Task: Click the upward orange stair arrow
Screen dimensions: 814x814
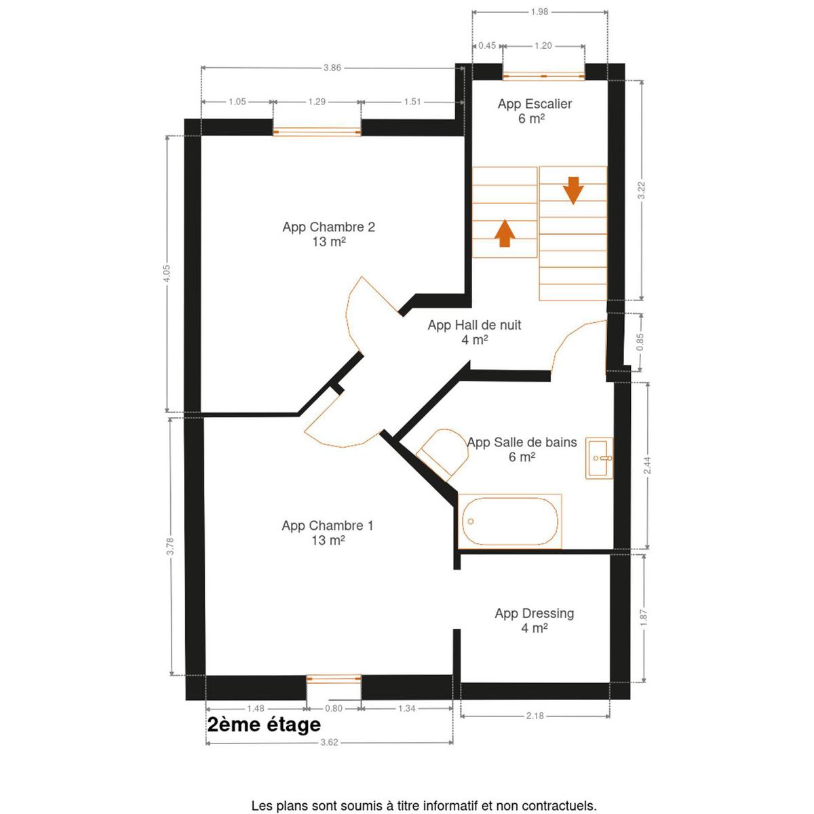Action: click(x=505, y=233)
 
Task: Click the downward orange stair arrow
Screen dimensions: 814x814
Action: click(x=573, y=191)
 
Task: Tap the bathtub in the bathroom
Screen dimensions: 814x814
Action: click(x=510, y=521)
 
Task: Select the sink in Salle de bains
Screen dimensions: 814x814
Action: click(x=599, y=459)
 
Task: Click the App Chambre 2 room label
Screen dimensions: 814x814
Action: click(x=328, y=234)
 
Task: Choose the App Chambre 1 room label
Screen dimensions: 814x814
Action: click(x=328, y=532)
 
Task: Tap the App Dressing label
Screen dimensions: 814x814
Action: click(x=535, y=621)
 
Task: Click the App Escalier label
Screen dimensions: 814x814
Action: click(x=535, y=111)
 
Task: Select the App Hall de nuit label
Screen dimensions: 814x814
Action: click(x=474, y=332)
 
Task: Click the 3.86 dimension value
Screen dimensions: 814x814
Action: click(x=332, y=68)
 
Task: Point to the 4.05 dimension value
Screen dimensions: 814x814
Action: click(x=167, y=274)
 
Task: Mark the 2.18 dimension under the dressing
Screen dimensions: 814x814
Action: click(x=535, y=716)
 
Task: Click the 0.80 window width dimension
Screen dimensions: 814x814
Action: click(x=334, y=708)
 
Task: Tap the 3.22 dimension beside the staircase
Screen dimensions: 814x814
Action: click(x=642, y=190)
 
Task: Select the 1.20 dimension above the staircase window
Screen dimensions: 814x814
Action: click(x=543, y=45)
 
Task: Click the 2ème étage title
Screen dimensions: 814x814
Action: click(x=264, y=725)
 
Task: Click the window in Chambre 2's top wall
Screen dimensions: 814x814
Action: click(x=317, y=132)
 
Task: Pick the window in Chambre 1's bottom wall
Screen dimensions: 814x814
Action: click(x=334, y=678)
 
